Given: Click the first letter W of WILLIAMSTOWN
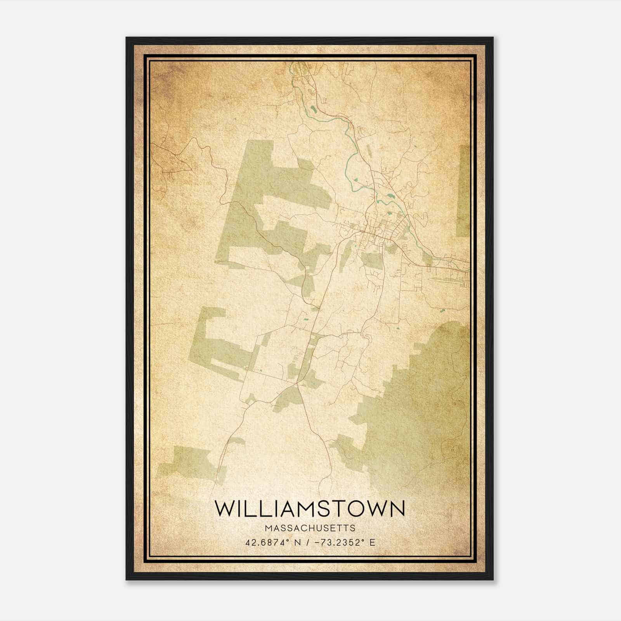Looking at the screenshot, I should (x=226, y=508).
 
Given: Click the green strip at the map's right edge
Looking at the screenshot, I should (x=464, y=190).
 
